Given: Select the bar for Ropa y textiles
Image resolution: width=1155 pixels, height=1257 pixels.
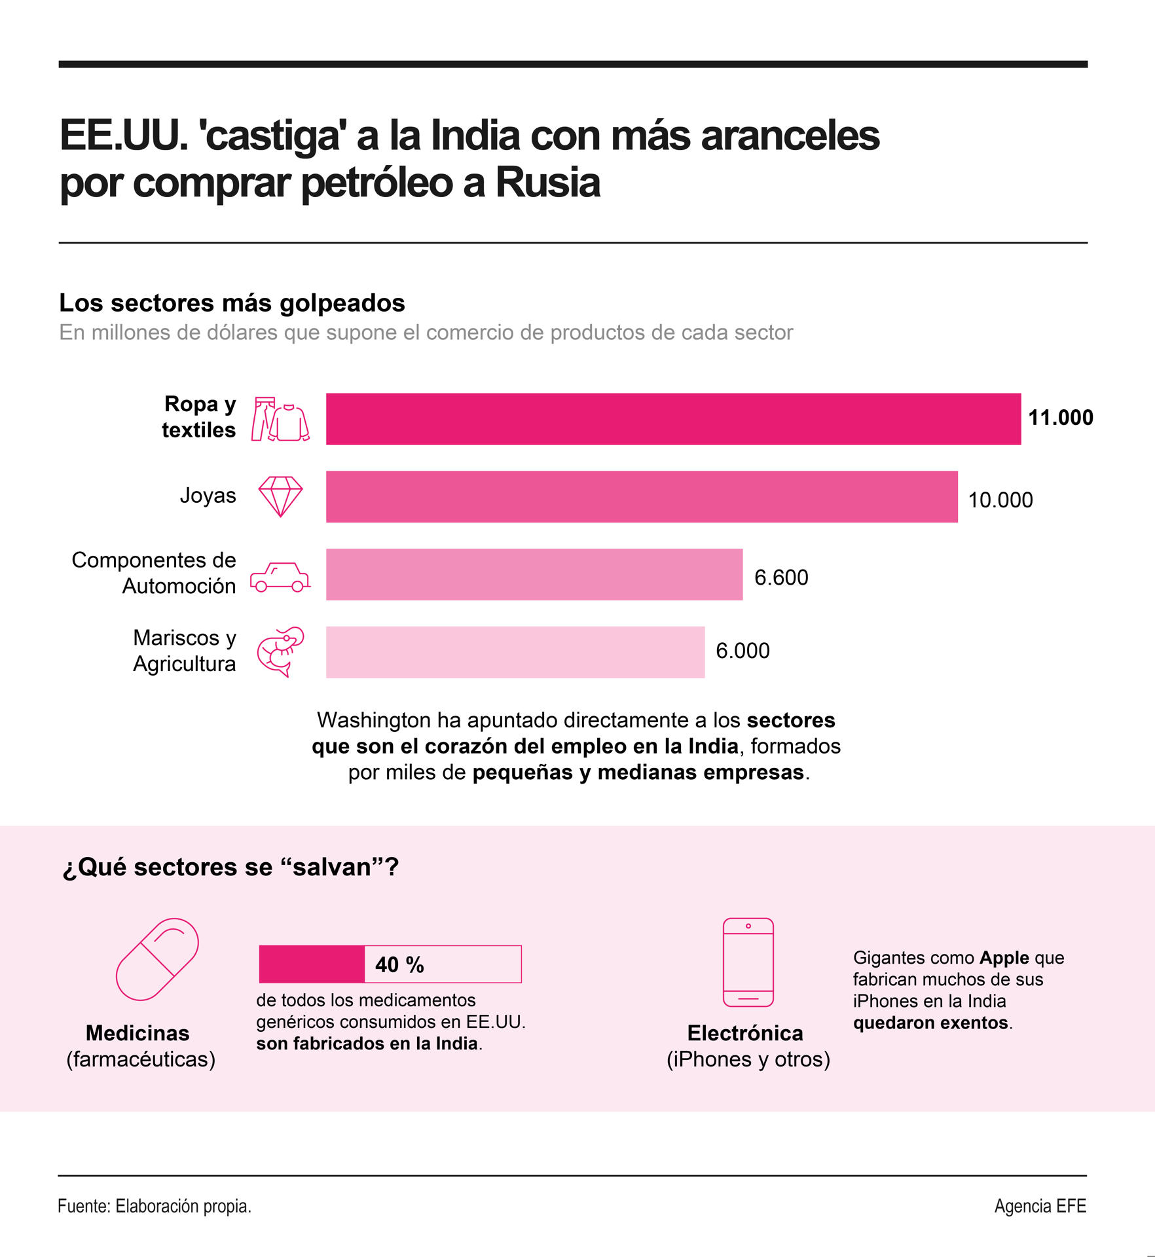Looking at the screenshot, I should (673, 419).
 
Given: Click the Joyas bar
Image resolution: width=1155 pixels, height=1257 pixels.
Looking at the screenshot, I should (642, 496).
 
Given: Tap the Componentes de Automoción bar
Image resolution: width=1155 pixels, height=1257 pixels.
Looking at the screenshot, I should (534, 574).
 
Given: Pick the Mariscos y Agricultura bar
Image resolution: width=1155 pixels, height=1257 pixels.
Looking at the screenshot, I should (515, 652).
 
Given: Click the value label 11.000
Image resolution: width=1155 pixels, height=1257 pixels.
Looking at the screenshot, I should (1060, 418).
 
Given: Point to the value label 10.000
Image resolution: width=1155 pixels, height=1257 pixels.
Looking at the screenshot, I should (1000, 500).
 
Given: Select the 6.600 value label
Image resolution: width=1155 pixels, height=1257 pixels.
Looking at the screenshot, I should (781, 577).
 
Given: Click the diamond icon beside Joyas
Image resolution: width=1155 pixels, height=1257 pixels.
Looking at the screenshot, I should (280, 496).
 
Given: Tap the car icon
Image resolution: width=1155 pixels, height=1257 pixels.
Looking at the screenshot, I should (280, 577).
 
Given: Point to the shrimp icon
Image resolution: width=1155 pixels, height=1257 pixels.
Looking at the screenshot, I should (280, 651).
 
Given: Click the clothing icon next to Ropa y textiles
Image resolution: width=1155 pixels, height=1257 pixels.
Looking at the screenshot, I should (280, 419).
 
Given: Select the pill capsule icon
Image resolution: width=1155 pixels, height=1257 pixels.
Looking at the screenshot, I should (157, 959).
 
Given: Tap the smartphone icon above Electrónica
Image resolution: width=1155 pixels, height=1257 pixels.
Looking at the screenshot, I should (748, 962).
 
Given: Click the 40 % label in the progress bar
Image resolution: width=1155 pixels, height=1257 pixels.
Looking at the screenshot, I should (399, 964).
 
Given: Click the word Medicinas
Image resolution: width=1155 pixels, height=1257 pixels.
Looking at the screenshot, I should (137, 1033).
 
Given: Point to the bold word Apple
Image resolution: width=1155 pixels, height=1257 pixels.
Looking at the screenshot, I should (1004, 958).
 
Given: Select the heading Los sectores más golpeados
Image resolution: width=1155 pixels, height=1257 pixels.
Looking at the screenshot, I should (232, 303).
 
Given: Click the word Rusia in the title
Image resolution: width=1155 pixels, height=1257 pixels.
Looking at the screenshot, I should (547, 183).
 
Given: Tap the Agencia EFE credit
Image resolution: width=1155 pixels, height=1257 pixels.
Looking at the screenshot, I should (1040, 1206).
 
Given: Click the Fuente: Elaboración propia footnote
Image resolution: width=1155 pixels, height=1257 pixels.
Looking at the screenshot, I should (155, 1206).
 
